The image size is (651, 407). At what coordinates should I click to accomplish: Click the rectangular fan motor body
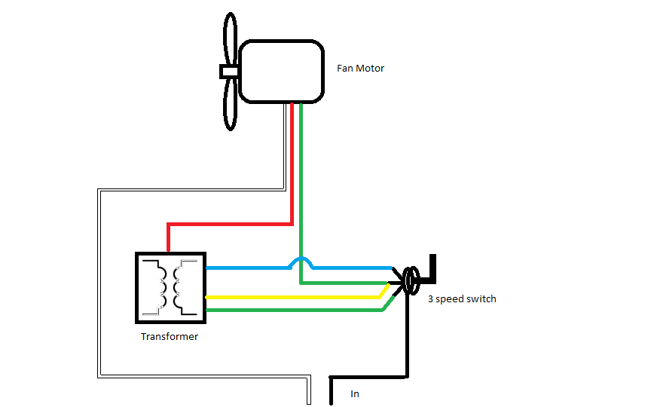281,72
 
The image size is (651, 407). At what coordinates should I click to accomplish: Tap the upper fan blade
229,38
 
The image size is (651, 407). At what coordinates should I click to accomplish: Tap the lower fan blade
229,106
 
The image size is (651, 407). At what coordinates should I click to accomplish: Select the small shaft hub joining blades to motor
228,72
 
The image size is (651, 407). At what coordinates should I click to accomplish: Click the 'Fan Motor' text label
360,69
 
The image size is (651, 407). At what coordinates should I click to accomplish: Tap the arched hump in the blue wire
301,261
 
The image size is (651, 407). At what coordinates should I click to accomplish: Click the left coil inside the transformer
160,288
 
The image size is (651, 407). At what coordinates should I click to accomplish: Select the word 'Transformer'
170,337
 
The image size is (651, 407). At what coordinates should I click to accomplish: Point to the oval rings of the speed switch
411,281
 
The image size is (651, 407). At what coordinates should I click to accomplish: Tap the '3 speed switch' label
461,299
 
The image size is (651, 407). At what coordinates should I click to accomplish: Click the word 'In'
355,393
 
